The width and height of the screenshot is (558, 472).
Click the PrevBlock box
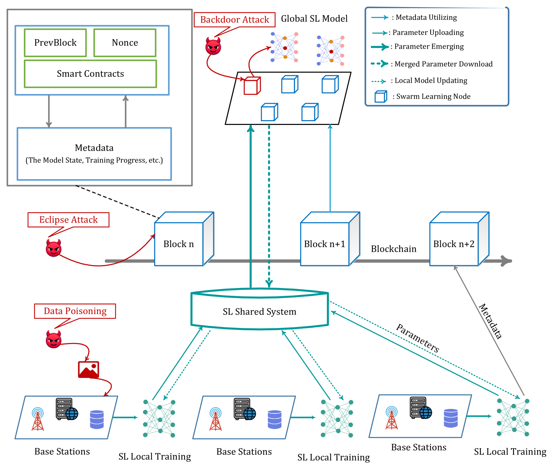55,43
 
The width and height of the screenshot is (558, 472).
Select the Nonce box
125,43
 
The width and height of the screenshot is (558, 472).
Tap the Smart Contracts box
90,74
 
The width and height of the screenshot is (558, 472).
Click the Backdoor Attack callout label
234,19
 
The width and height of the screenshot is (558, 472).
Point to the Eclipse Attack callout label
69,220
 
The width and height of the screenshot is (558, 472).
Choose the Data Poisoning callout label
75,311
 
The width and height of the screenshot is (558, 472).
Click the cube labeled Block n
184,239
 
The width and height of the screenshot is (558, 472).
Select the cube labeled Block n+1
330,239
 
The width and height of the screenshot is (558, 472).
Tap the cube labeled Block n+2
459,239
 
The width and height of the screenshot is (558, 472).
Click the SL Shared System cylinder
260,309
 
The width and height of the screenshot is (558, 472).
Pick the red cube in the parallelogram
252,86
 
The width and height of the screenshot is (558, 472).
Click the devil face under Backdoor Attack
213,46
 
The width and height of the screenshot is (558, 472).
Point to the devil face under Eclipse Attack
54,248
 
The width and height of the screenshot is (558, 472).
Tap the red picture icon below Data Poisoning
89,370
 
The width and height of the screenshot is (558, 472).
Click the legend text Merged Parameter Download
443,64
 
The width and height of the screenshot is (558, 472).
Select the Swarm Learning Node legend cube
381,96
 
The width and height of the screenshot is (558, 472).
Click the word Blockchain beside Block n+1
394,249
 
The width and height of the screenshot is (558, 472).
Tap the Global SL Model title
314,19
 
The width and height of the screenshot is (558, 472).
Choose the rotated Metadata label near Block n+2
490,321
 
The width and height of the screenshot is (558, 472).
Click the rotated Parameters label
418,338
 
